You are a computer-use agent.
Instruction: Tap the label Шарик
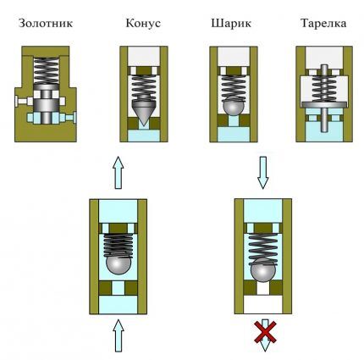[x=229, y=24]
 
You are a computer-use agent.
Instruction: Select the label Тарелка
[x=322, y=24]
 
